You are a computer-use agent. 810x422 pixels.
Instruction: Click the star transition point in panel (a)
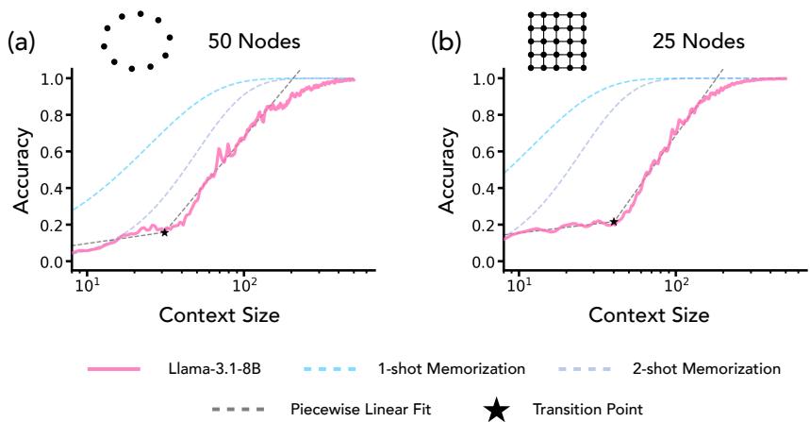pos(164,231)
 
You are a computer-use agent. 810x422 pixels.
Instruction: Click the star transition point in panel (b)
pos(614,222)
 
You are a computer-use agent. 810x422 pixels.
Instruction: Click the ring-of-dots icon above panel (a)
pos(137,41)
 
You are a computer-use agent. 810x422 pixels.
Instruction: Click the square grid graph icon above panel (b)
pos(557,41)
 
